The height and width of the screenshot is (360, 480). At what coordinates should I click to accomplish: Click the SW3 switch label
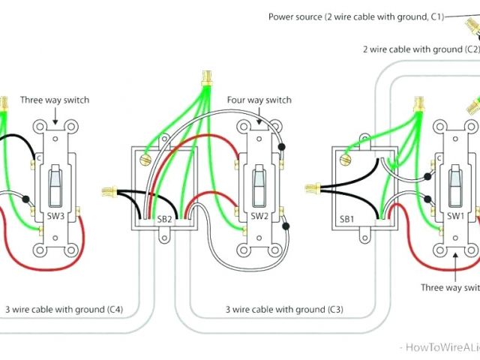point(55,216)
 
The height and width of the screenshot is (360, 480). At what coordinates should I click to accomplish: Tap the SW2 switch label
point(259,216)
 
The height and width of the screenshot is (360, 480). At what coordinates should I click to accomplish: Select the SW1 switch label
point(455,216)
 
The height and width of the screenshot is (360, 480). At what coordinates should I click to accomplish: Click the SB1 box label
point(347,218)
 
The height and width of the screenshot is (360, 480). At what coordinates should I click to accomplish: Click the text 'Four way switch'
point(259,100)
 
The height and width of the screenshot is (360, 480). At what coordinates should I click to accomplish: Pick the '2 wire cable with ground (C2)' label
point(420,49)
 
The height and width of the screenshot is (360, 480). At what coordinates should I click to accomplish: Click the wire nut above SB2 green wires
point(204,77)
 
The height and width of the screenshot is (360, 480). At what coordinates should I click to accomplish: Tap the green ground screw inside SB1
point(346,158)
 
